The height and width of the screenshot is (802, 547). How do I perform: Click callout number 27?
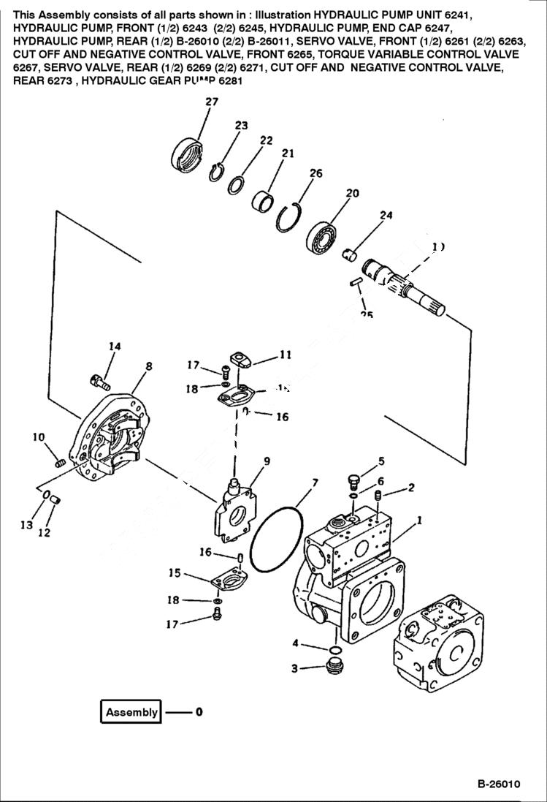tap(211, 102)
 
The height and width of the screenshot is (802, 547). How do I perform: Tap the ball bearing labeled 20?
tap(322, 235)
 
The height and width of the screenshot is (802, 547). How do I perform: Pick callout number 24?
tap(386, 215)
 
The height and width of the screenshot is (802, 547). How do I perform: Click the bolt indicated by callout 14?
tap(99, 380)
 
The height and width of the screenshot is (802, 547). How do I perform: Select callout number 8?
tap(148, 366)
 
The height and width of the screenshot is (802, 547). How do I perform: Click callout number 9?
tap(38, 437)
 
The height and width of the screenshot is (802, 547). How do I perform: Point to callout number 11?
tap(286, 355)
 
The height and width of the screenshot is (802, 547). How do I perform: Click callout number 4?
tap(295, 643)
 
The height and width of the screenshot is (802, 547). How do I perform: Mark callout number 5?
tap(380, 461)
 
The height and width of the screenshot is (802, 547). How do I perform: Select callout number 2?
tap(412, 487)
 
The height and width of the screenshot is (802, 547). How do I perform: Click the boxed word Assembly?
tap(131, 712)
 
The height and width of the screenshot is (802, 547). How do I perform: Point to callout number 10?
tap(38, 437)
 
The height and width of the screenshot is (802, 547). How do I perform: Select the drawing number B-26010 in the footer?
tap(499, 784)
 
